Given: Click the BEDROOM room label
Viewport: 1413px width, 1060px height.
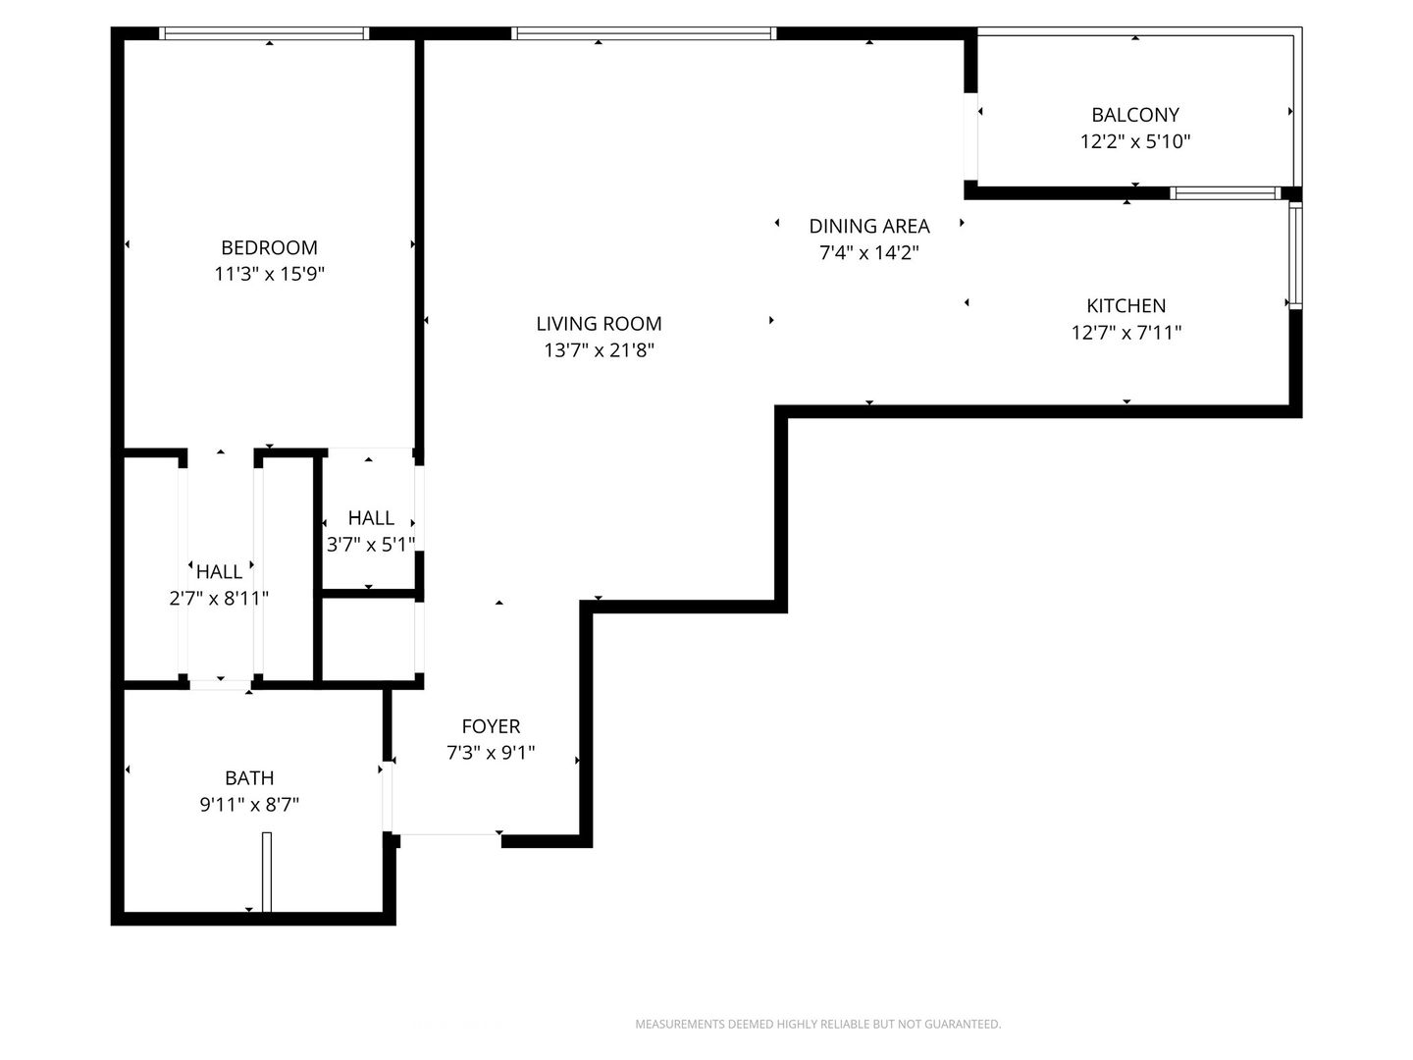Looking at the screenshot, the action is [x=269, y=247].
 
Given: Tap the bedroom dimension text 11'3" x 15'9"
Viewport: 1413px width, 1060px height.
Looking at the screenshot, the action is [x=269, y=274].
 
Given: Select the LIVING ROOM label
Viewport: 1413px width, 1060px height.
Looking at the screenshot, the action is [x=599, y=324].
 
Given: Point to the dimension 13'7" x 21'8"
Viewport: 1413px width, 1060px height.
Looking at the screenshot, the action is [x=599, y=350].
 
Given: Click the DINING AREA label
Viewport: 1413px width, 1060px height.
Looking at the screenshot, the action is [x=869, y=227].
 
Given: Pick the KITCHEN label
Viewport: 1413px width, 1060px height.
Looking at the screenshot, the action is [x=1125, y=305].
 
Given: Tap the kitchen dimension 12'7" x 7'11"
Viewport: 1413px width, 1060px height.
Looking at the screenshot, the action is [x=1125, y=333].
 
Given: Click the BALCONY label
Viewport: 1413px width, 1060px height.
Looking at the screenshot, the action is [x=1135, y=115].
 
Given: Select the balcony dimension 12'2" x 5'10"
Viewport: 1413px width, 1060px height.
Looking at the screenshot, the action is [x=1135, y=141].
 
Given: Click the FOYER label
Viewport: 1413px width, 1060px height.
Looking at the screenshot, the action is [x=491, y=726].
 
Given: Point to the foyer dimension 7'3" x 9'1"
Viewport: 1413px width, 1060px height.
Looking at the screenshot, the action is [x=491, y=753].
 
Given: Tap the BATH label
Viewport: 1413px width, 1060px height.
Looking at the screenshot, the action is [x=249, y=778].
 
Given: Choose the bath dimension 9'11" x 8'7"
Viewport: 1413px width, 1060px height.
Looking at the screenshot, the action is [x=249, y=805].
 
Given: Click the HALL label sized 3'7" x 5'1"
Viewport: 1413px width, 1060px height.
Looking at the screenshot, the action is [x=371, y=518].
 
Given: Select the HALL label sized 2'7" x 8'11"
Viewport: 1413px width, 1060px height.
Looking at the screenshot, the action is [x=219, y=571].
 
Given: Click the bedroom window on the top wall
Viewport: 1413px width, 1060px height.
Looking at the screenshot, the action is [x=264, y=33].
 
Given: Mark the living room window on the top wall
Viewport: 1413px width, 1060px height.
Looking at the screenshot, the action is [x=644, y=33].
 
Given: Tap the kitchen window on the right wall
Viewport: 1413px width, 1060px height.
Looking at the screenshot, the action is [x=1295, y=255].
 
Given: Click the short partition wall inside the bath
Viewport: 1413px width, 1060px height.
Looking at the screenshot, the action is [x=267, y=873].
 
